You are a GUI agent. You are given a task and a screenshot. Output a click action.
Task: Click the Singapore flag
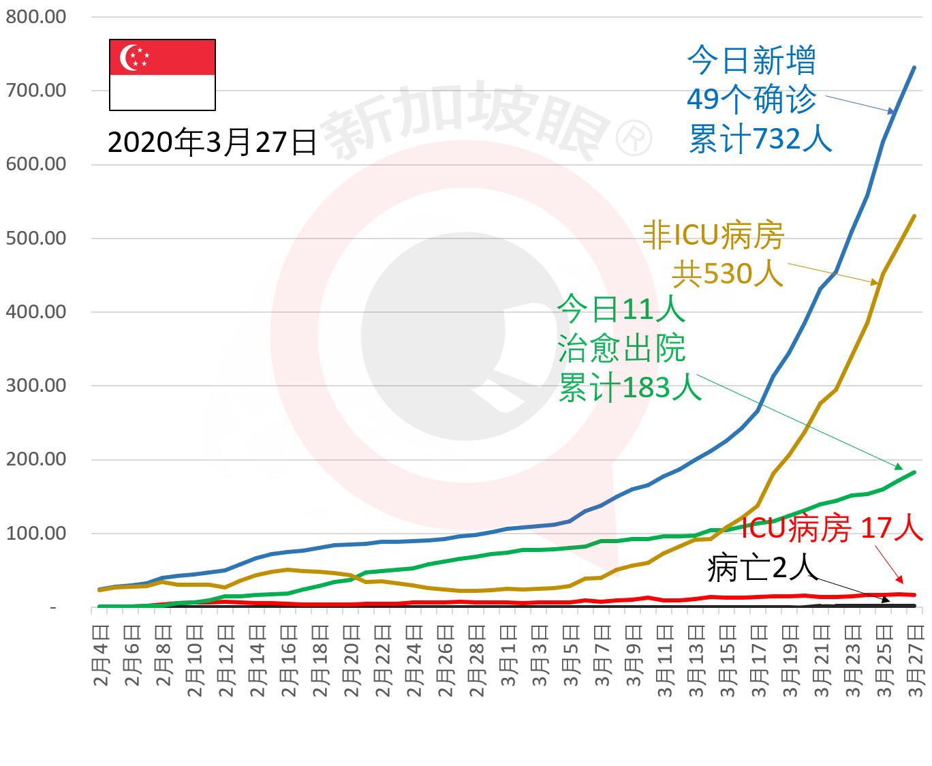tap(162, 75)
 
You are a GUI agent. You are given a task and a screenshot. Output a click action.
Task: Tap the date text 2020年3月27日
tap(212, 142)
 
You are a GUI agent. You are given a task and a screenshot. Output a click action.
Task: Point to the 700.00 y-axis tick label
tap(36, 90)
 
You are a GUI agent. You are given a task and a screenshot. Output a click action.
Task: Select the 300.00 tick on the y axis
tap(36, 385)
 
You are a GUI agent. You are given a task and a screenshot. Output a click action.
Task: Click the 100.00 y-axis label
tap(36, 533)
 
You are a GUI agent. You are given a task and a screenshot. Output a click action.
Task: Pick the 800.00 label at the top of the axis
tap(36, 16)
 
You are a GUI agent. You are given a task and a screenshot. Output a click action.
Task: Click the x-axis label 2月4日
tap(101, 654)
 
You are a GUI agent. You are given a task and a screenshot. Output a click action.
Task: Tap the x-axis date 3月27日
tap(916, 661)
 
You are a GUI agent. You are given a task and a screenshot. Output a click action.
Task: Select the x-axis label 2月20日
tap(352, 661)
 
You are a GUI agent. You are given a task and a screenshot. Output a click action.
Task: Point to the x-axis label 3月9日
tap(634, 654)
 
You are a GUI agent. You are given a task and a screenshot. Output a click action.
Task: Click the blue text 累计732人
tap(760, 139)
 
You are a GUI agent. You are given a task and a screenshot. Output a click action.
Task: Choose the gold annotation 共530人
tap(727, 273)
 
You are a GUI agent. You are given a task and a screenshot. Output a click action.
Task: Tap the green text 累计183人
tap(630, 388)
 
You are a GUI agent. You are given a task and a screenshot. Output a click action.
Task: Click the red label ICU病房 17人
tap(832, 528)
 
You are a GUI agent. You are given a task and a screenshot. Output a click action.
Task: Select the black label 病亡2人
tap(761, 568)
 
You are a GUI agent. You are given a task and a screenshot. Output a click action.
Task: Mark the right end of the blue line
tap(914, 67)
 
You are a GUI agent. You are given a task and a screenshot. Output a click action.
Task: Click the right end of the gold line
tap(914, 216)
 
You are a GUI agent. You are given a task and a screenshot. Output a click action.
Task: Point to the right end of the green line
tap(914, 472)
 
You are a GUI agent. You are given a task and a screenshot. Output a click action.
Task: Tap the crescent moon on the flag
tap(128, 58)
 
